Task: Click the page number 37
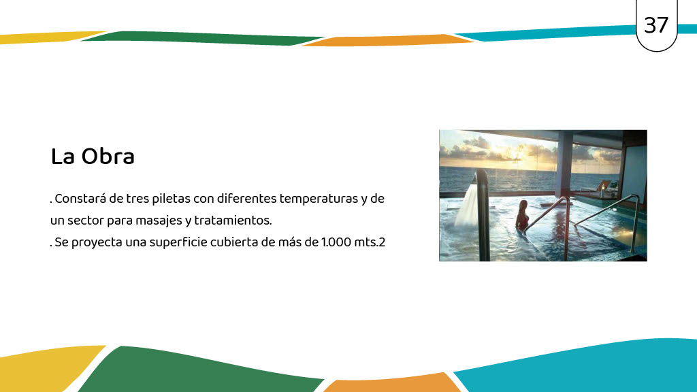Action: point(656,25)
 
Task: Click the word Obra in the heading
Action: point(108,157)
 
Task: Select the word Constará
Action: point(80,198)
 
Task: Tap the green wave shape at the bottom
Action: point(200,370)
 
